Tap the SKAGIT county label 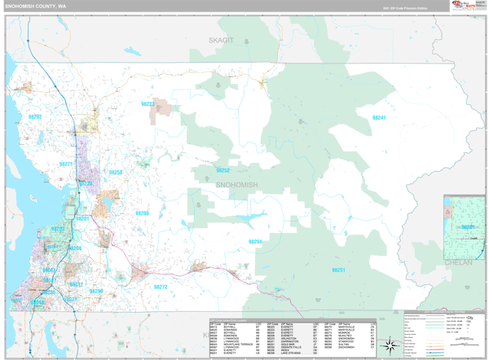pos(220,39)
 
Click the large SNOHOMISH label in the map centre pos(236,185)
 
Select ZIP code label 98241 pos(379,118)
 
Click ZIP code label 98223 pos(148,104)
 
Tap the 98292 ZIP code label pos(37,116)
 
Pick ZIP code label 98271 pos(66,164)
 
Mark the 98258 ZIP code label pos(116,173)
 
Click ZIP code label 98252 pos(222,170)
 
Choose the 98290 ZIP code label pos(142,213)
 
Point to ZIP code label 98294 pos(255,242)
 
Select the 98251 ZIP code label pos(339,270)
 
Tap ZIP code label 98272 pos(161,287)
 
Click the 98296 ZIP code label pos(96,291)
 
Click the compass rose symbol pos(392,345)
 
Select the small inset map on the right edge pos(465,226)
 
